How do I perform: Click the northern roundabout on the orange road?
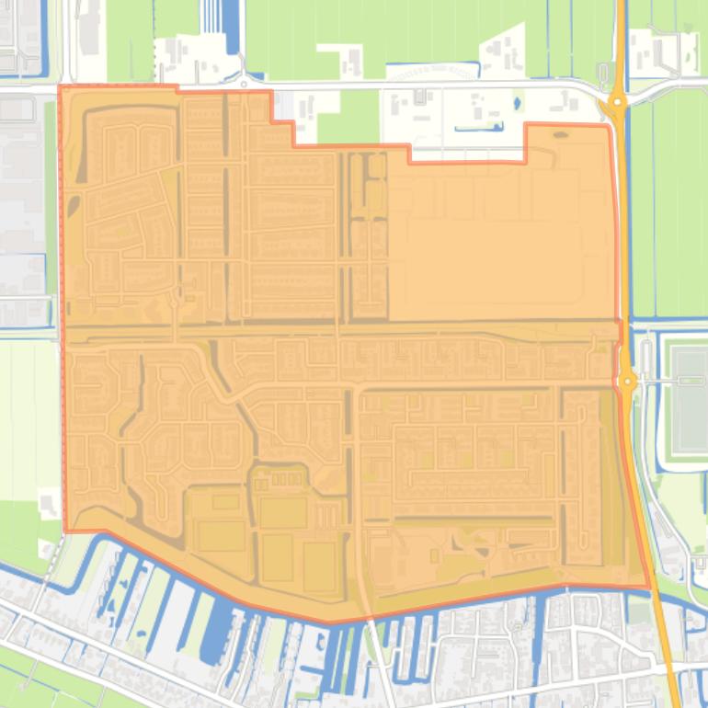point(617,102)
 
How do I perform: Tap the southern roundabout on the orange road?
point(627,380)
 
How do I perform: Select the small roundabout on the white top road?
point(244,84)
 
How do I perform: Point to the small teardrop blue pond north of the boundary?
point(515,102)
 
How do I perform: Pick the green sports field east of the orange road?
point(689,400)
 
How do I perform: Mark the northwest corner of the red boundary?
point(60,87)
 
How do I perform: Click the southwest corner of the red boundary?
point(65,531)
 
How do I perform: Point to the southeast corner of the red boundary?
point(649,587)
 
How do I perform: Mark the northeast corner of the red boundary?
point(609,126)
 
